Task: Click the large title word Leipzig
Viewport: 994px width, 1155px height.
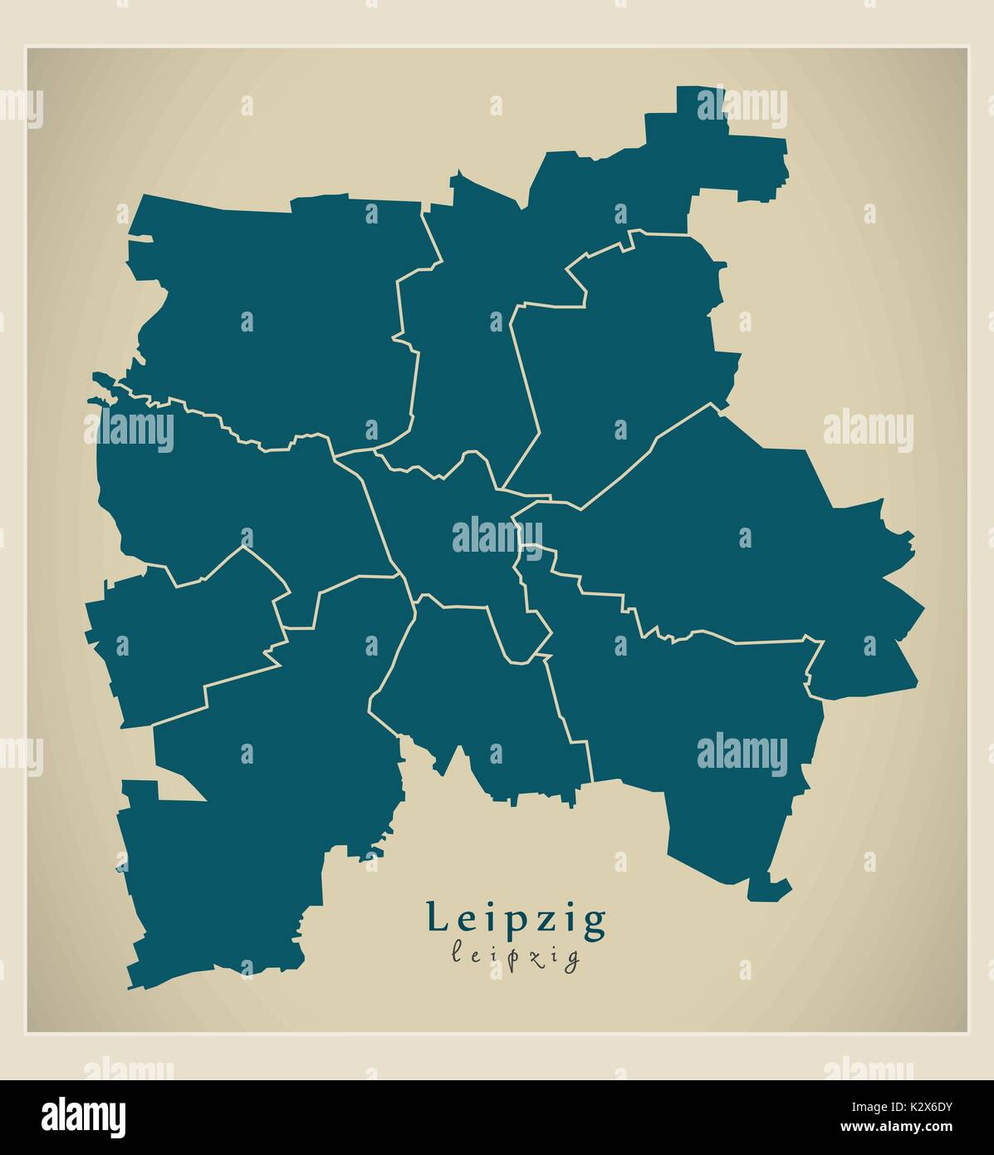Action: [516, 920]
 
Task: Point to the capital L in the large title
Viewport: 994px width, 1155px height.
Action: [435, 917]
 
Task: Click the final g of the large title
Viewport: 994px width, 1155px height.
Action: [595, 922]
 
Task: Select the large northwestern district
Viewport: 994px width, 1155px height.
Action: [274, 316]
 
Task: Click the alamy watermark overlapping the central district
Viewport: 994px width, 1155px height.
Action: [497, 535]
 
